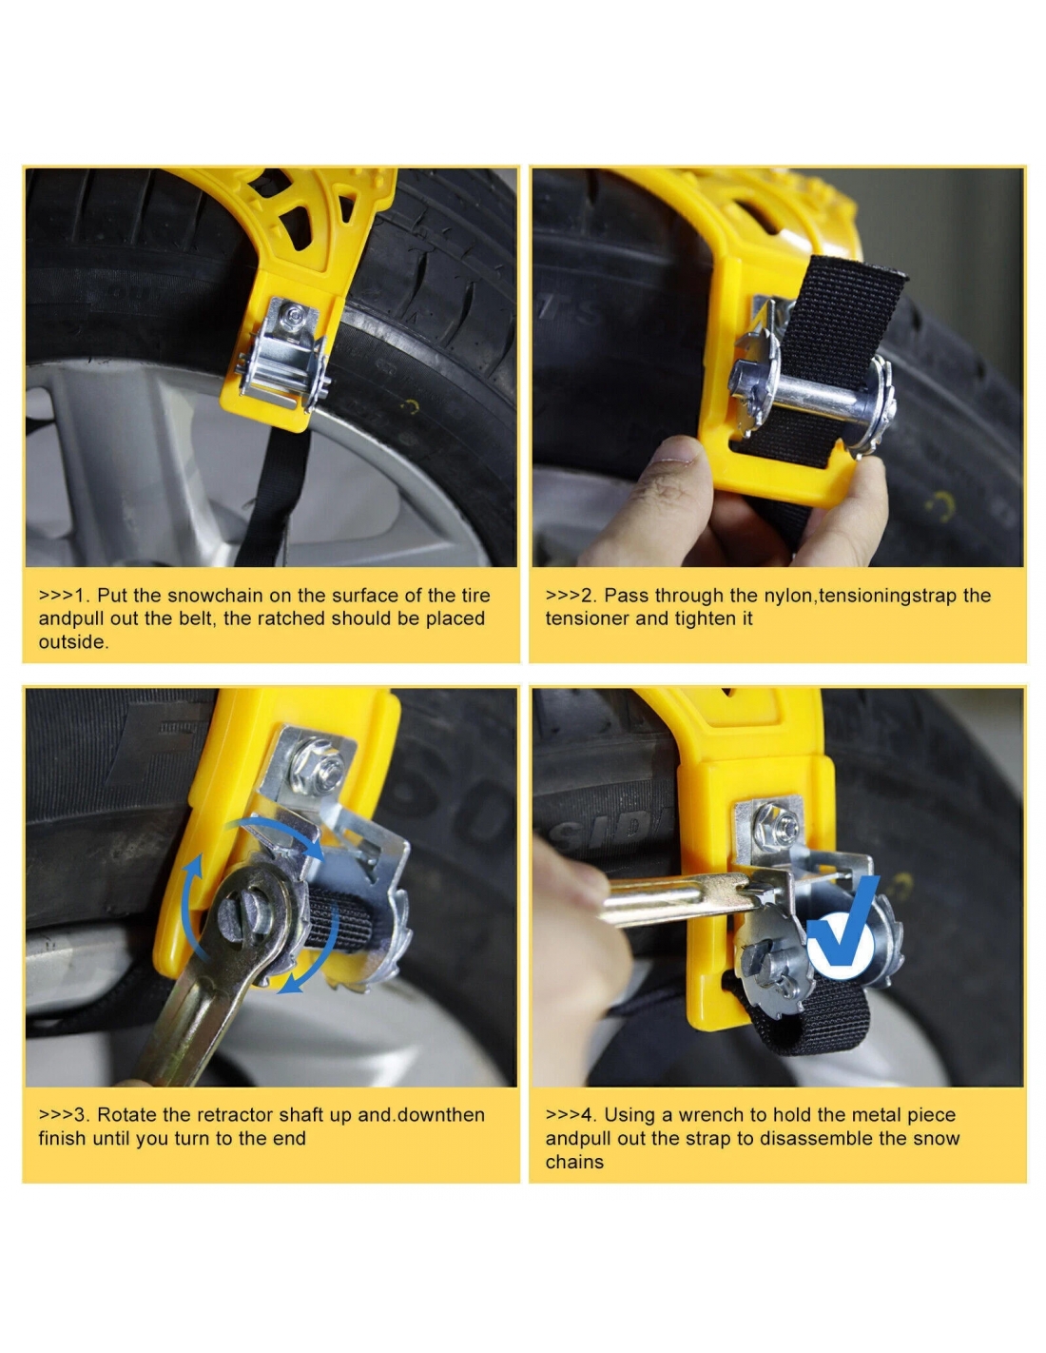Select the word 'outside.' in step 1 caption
pyautogui.click(x=73, y=642)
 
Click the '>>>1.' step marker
pyautogui.click(x=64, y=596)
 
